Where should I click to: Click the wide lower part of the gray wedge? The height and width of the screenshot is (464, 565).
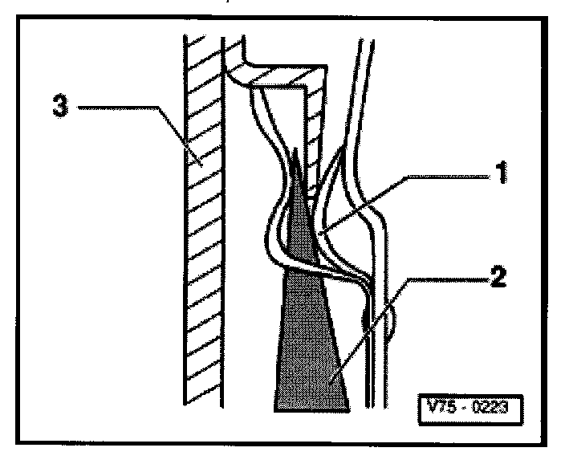(311, 361)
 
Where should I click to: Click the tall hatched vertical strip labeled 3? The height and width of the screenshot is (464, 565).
(201, 241)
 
